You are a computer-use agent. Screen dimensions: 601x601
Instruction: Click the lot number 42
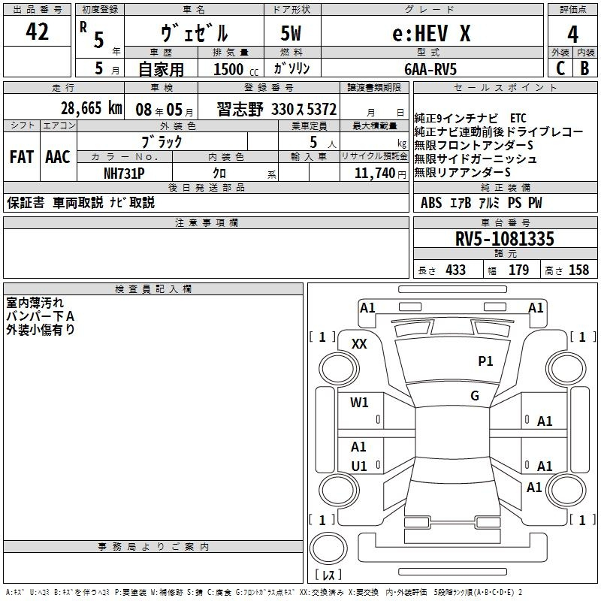pyautogui.click(x=37, y=32)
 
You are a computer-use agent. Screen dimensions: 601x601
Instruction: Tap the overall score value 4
pyautogui.click(x=572, y=34)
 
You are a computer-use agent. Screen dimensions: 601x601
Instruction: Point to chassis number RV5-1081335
pyautogui.click(x=505, y=239)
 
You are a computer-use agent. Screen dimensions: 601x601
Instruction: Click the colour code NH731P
pyautogui.click(x=125, y=172)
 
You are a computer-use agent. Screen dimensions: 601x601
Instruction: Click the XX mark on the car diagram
pyautogui.click(x=360, y=344)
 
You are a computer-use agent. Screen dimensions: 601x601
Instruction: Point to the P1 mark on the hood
pyautogui.click(x=485, y=361)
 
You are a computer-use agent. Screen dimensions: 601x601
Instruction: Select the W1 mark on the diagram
pyautogui.click(x=360, y=403)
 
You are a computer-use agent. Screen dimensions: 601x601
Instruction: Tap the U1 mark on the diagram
pyautogui.click(x=359, y=467)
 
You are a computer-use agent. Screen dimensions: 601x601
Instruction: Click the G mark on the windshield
pyautogui.click(x=475, y=396)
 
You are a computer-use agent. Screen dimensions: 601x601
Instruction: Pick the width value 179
pyautogui.click(x=518, y=270)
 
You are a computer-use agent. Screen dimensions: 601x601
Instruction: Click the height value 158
pyautogui.click(x=578, y=270)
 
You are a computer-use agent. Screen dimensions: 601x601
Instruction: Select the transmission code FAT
pyautogui.click(x=21, y=157)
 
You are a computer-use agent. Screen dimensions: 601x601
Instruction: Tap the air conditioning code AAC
pyautogui.click(x=58, y=157)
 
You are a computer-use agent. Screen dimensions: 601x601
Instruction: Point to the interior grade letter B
pyautogui.click(x=584, y=68)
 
